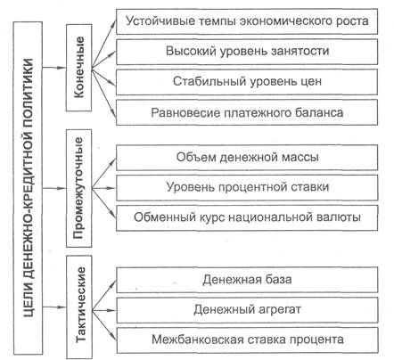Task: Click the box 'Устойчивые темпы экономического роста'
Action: (247, 21)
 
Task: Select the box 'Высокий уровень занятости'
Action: (247, 52)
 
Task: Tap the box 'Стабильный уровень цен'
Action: (247, 82)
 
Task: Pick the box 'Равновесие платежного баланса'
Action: (247, 112)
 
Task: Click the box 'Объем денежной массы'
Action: (247, 157)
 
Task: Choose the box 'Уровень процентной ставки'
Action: (247, 187)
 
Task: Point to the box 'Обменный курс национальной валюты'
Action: (247, 217)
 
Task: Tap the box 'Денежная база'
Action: (247, 280)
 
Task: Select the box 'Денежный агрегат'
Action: (247, 310)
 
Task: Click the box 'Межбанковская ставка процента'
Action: (247, 340)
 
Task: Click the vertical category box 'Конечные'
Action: (78, 68)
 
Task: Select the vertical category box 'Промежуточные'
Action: (78, 188)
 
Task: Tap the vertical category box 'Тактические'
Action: (78, 307)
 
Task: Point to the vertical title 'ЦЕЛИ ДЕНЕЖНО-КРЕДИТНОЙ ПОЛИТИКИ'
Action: (29, 188)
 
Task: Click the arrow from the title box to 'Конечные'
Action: (54, 68)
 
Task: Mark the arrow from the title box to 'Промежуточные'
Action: (54, 188)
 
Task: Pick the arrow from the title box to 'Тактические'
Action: (54, 307)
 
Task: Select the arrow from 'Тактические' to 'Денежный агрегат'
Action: (103, 310)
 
